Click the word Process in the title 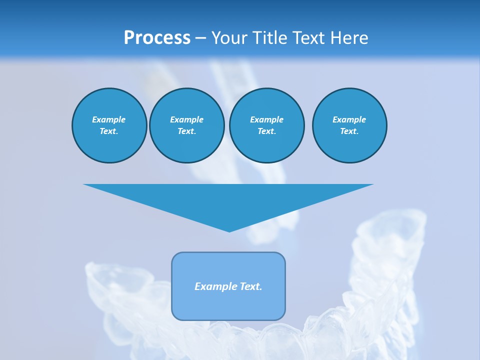pyautogui.click(x=157, y=38)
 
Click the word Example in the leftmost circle pyautogui.click(x=109, y=119)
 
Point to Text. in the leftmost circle pyautogui.click(x=109, y=131)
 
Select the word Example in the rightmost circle pyautogui.click(x=349, y=119)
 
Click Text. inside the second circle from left pyautogui.click(x=186, y=131)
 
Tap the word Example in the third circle pyautogui.click(x=266, y=119)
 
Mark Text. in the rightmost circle pyautogui.click(x=349, y=131)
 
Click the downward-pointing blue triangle pyautogui.click(x=228, y=200)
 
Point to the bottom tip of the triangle pyautogui.click(x=229, y=230)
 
